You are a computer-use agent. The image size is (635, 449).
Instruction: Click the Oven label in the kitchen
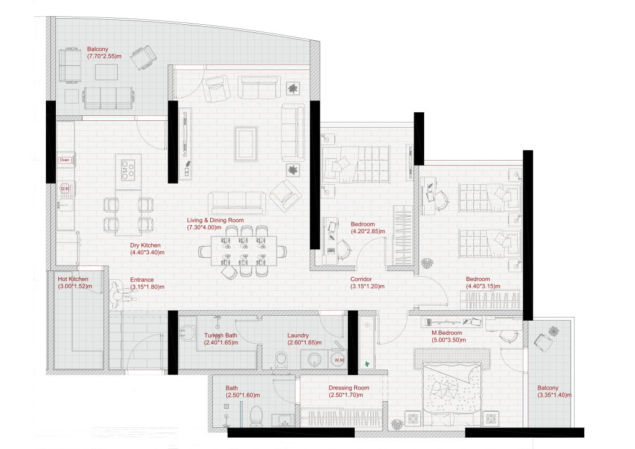coord(64,160)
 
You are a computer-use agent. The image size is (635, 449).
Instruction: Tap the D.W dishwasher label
coord(64,189)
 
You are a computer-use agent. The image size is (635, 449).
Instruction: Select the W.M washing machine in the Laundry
coord(339,360)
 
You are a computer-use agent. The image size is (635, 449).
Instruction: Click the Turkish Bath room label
coord(220,336)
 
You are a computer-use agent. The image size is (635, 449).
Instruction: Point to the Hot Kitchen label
coord(73,279)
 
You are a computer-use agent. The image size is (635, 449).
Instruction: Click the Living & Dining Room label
coord(215,220)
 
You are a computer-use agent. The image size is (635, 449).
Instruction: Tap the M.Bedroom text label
coord(446,333)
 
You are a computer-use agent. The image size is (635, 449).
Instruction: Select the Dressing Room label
coord(349,388)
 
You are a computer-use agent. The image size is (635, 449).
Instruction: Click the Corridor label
coord(361,279)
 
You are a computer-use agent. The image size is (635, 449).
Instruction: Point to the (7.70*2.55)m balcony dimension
coord(104,56)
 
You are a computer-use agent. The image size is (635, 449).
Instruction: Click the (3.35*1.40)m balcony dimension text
coord(554,395)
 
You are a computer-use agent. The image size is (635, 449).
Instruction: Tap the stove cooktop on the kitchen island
coord(128,170)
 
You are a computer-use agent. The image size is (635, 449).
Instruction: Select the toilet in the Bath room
coord(256,416)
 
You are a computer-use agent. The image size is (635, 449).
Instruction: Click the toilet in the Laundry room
coord(282,360)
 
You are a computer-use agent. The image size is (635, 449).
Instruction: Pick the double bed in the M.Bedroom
coord(452,392)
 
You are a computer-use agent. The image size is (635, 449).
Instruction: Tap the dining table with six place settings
coord(244,251)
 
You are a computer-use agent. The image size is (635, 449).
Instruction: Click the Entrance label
coord(142,279)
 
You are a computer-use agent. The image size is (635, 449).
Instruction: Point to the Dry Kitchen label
coord(145,246)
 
